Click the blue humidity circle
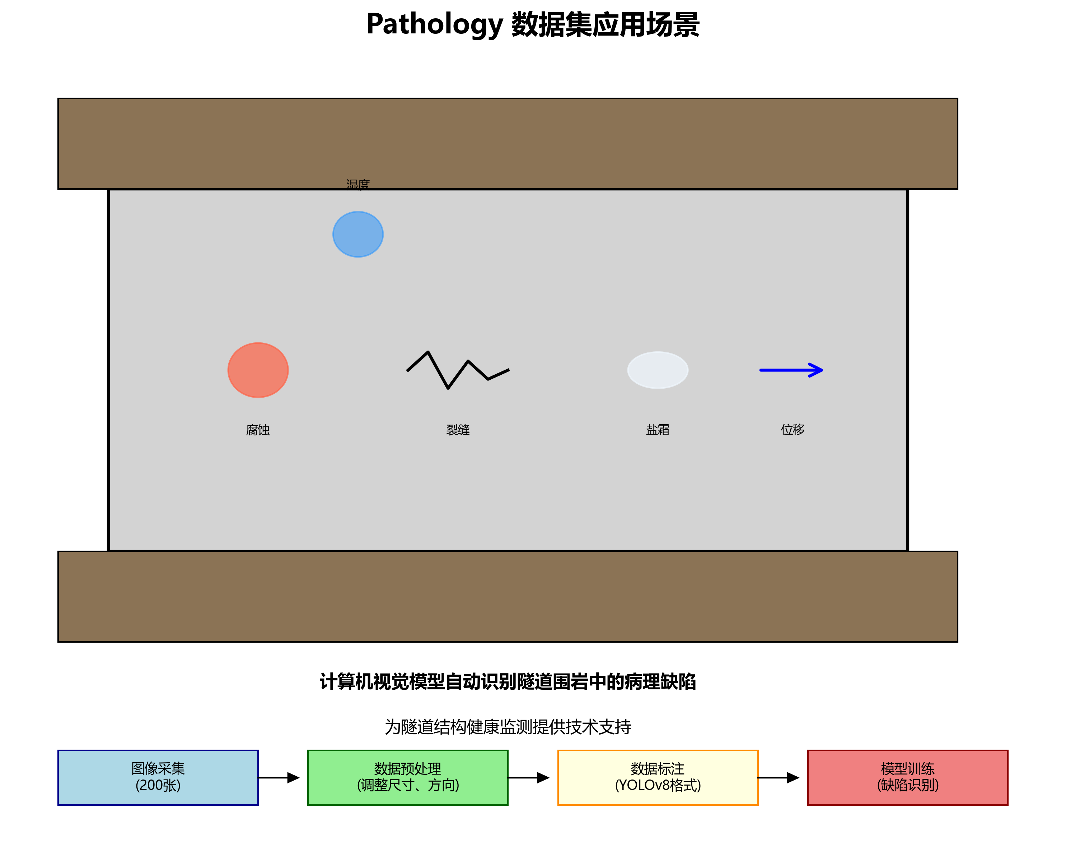pos(358,234)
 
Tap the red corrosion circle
pos(258,370)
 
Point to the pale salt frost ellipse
pos(658,370)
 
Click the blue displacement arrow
pos(791,370)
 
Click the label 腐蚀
pos(258,430)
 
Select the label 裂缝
pos(458,430)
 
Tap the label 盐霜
pos(658,430)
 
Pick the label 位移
pos(793,430)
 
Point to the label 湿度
pos(358,184)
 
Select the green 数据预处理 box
pos(408,777)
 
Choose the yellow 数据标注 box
pos(658,777)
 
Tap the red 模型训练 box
pos(908,777)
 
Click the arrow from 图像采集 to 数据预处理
pos(279,777)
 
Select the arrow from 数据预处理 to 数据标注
pos(529,777)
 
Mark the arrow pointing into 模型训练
pos(779,777)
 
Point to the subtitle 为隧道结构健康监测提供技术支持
pos(508,726)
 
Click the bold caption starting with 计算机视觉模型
pos(508,681)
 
